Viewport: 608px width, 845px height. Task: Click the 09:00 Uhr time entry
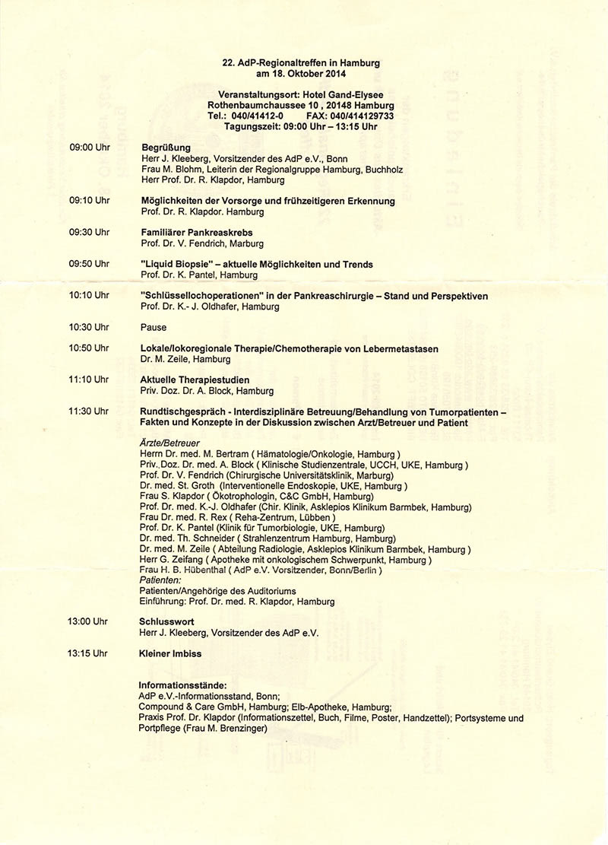coord(90,147)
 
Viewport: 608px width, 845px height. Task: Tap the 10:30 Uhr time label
coord(89,328)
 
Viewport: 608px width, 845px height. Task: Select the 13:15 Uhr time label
coord(87,653)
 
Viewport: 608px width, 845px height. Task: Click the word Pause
coord(154,328)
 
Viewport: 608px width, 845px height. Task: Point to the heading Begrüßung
coord(166,148)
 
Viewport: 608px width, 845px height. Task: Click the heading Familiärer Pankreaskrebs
coord(197,232)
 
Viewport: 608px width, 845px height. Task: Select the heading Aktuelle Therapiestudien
coord(195,380)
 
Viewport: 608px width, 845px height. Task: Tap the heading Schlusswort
coord(167,621)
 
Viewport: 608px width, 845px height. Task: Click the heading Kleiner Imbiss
coord(170,653)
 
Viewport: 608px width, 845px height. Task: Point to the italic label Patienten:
coord(160,580)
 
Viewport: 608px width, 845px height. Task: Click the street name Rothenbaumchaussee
coord(257,105)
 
